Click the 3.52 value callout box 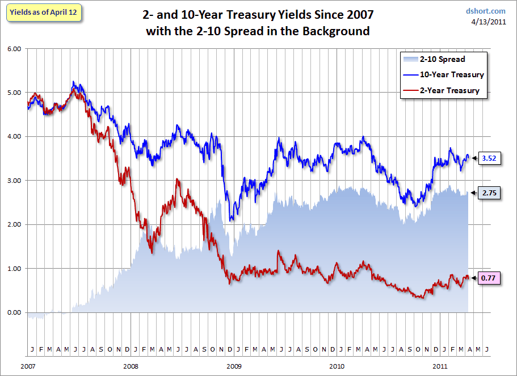489,158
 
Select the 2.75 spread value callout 489,193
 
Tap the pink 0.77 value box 489,278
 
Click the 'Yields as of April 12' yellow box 44,12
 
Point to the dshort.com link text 485,11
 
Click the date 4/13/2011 489,22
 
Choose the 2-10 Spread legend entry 434,59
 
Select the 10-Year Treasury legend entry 443,74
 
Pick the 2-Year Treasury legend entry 441,90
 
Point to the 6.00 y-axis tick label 14,49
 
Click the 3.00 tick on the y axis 14,181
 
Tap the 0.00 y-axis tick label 14,312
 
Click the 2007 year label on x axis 28,366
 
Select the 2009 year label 234,366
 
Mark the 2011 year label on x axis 440,366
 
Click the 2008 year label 131,366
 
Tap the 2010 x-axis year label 337,366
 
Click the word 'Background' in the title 336,31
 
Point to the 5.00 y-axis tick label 14,93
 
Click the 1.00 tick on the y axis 14,269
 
